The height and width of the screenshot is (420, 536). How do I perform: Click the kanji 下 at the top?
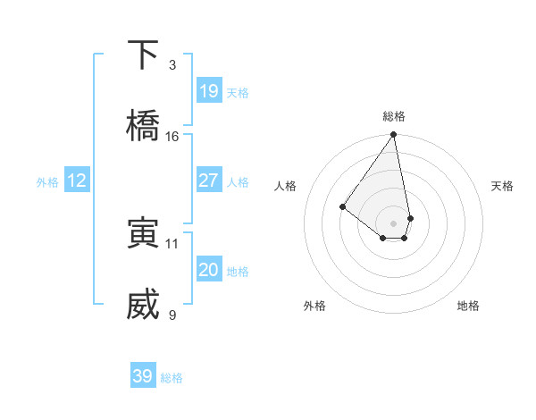pyautogui.click(x=143, y=55)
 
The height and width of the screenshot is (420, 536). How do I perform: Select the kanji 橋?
pyautogui.click(x=143, y=127)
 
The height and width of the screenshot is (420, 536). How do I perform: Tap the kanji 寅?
pyautogui.click(x=143, y=234)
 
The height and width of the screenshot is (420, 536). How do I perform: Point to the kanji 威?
pyautogui.click(x=143, y=306)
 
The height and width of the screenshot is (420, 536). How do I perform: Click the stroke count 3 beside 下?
pyautogui.click(x=172, y=65)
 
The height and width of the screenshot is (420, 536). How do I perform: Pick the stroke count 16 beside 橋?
pyautogui.click(x=172, y=137)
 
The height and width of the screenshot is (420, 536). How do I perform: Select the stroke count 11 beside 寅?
pyautogui.click(x=172, y=243)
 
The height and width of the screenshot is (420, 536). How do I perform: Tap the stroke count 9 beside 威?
pyautogui.click(x=172, y=315)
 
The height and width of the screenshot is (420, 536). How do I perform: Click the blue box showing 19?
pyautogui.click(x=209, y=91)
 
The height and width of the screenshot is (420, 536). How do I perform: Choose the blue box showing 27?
pyautogui.click(x=209, y=181)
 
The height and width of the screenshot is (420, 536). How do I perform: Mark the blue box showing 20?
pyautogui.click(x=209, y=270)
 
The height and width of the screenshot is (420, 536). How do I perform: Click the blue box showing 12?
pyautogui.click(x=77, y=181)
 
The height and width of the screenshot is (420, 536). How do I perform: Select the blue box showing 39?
pyautogui.click(x=143, y=376)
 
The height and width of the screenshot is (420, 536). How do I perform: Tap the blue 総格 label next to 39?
pyautogui.click(x=172, y=378)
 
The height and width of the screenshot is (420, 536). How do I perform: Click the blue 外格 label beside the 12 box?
pyautogui.click(x=47, y=182)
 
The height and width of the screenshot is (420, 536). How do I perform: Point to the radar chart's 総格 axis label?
pyautogui.click(x=394, y=116)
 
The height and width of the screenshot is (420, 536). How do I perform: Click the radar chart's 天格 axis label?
pyautogui.click(x=503, y=186)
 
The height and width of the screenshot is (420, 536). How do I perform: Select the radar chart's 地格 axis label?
pyautogui.click(x=468, y=307)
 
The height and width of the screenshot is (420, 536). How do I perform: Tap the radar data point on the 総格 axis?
pyautogui.click(x=393, y=135)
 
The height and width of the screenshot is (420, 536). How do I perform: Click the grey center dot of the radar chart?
pyautogui.click(x=393, y=223)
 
